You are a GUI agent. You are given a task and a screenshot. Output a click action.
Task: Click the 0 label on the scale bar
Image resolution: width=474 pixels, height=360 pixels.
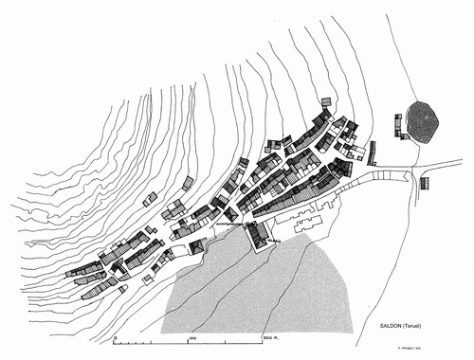click(x=115, y=336)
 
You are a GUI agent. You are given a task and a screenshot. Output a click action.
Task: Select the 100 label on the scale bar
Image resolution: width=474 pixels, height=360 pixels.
click(x=192, y=336)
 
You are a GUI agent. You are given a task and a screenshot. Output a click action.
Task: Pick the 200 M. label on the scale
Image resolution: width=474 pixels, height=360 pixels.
click(x=273, y=336)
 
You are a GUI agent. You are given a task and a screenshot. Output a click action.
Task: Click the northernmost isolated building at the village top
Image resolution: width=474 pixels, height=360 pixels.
click(x=327, y=102)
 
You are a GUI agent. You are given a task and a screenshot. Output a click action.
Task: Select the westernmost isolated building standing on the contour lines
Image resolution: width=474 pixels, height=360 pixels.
click(x=150, y=199)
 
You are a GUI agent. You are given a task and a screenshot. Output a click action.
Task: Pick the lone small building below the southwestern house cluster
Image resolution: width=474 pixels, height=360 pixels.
click(x=148, y=279)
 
